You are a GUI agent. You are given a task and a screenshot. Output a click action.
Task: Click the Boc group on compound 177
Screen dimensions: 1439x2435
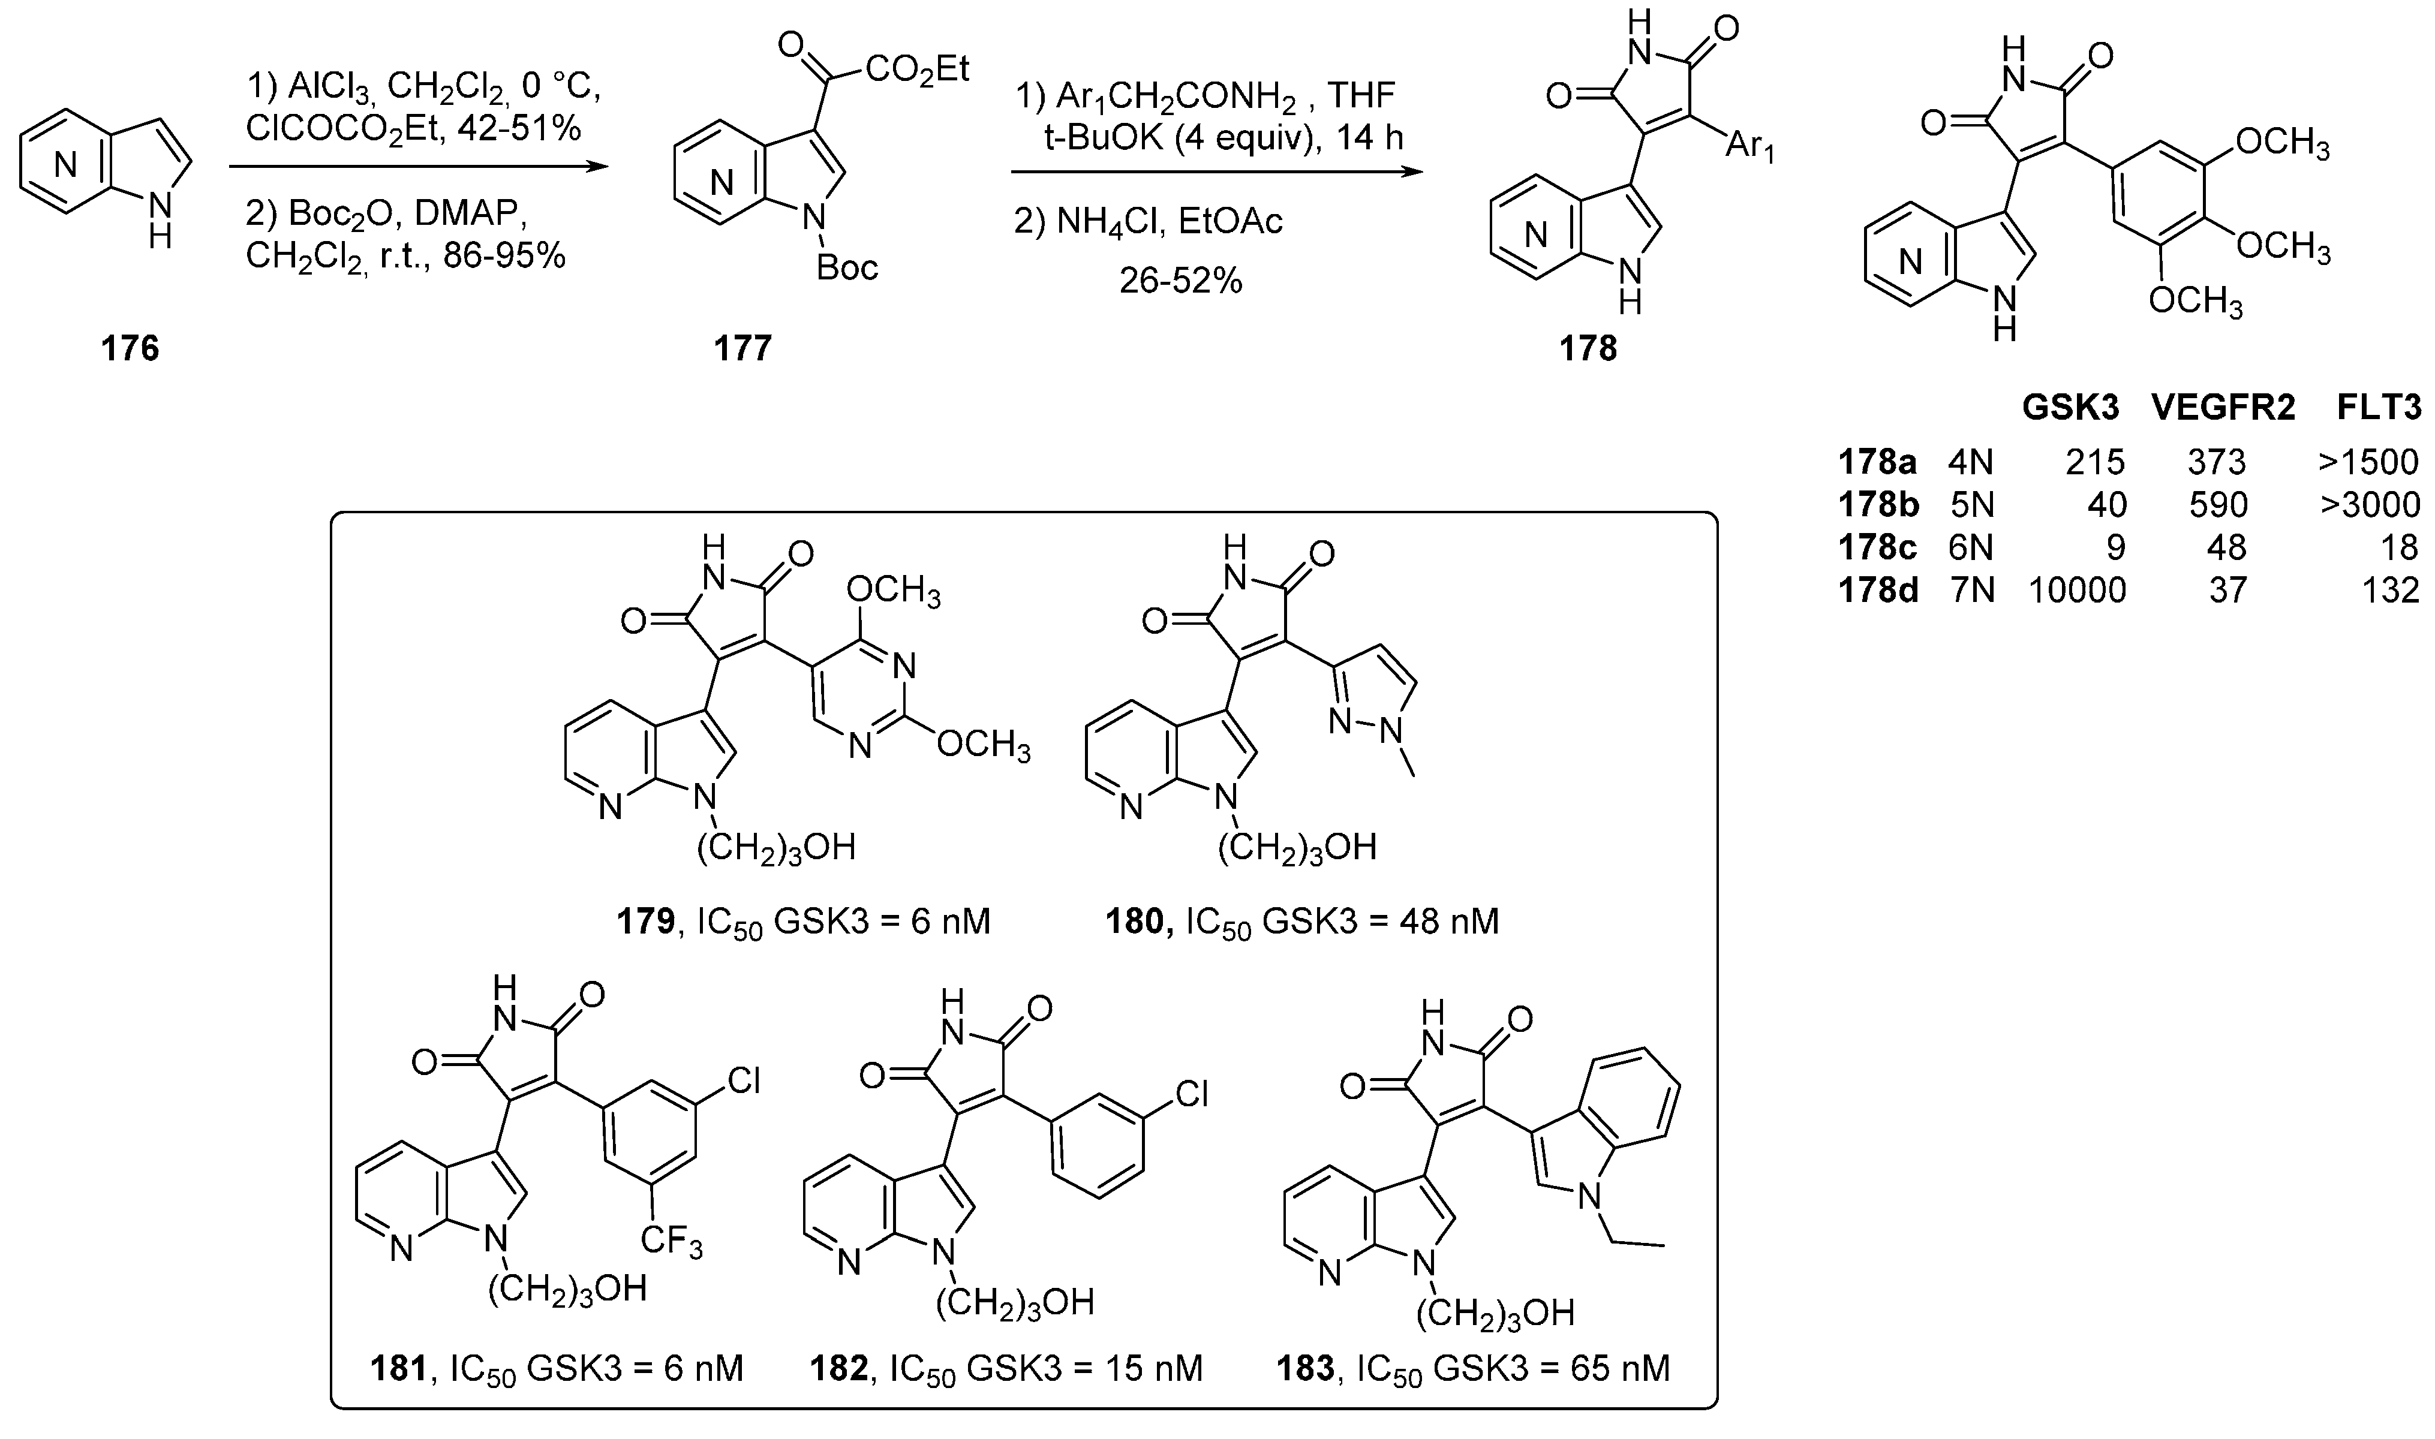click(847, 267)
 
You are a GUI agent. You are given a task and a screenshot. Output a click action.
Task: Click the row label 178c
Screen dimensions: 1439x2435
click(1877, 548)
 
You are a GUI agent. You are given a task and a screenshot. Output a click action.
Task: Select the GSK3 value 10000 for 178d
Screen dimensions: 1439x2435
click(2077, 589)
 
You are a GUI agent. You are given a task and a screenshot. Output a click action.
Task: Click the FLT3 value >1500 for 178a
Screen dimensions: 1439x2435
click(2368, 462)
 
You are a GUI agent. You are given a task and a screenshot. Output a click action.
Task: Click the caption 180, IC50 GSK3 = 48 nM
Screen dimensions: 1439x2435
click(1302, 921)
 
